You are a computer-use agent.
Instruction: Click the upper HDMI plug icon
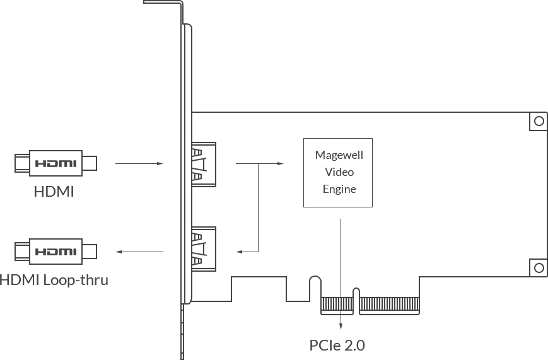55,163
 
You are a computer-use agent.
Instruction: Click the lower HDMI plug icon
55,251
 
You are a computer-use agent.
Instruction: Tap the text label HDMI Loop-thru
54,279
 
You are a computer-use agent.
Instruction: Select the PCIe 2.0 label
337,345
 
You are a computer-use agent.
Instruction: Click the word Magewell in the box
339,155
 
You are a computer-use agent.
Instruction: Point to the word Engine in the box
339,189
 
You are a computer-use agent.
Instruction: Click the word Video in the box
339,172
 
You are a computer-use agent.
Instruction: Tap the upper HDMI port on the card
202,164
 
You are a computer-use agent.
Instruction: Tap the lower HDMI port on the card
202,249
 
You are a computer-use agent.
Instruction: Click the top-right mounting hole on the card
539,120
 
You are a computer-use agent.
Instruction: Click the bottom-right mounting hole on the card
539,267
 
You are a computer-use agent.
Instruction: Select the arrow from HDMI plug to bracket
139,164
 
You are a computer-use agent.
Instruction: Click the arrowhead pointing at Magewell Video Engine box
281,164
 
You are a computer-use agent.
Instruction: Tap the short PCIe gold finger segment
335,306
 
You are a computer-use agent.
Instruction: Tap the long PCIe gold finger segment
390,306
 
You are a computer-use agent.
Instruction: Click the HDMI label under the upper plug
54,191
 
